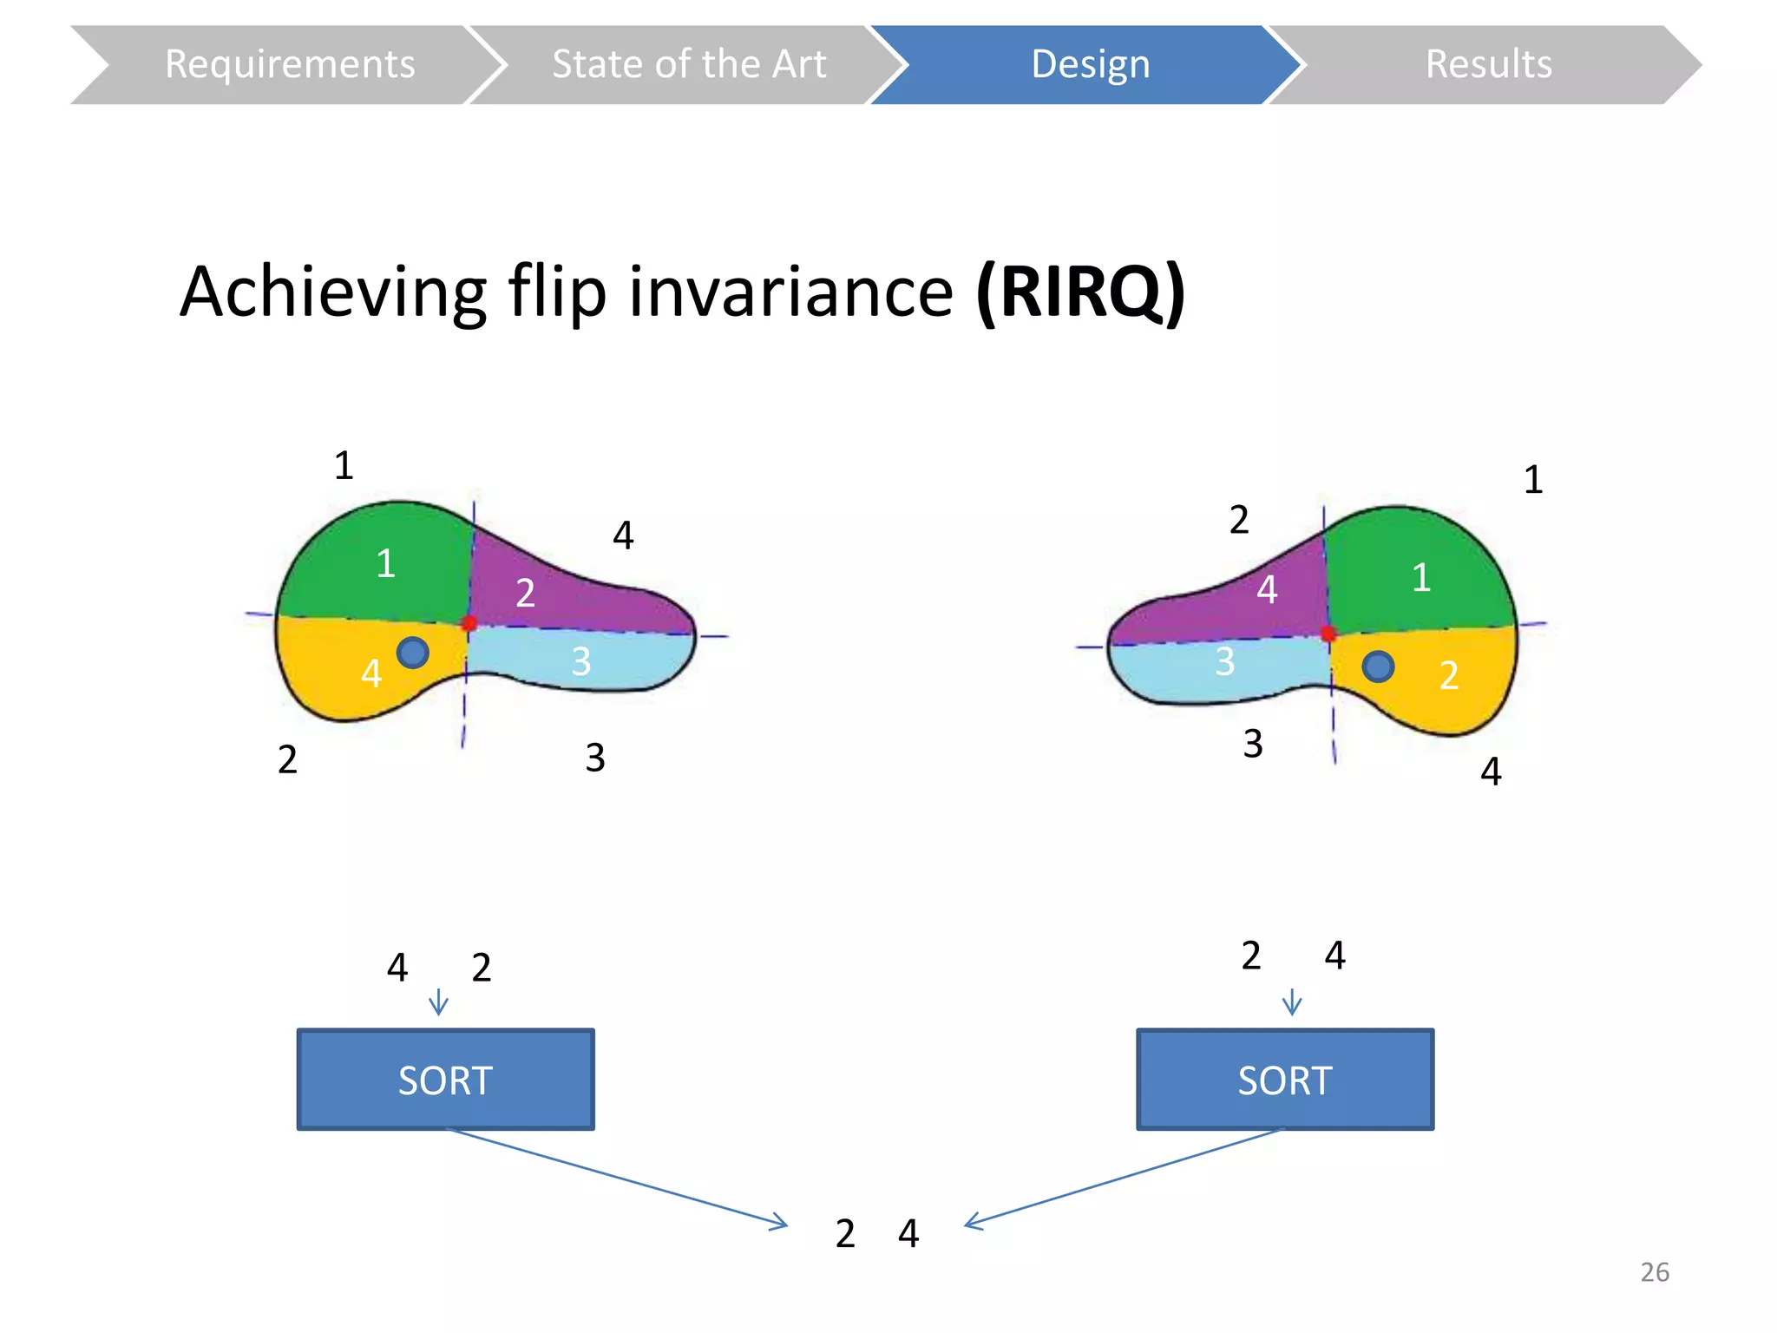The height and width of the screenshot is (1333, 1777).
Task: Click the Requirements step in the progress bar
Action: click(289, 65)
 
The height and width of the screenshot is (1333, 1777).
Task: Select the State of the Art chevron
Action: click(689, 65)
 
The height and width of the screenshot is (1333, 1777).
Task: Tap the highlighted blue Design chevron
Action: click(1090, 65)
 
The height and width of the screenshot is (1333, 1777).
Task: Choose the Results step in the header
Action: click(1488, 65)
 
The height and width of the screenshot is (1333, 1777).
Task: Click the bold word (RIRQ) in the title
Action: click(1080, 292)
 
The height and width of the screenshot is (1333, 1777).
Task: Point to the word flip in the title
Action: click(557, 292)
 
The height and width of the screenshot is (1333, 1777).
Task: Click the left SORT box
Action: click(445, 1080)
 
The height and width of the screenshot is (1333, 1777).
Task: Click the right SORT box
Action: click(1285, 1080)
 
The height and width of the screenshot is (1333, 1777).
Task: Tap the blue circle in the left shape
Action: click(412, 652)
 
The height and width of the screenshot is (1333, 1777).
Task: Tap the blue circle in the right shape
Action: click(1378, 666)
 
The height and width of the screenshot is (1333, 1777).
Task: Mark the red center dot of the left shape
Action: click(469, 623)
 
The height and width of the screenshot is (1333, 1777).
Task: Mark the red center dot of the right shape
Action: click(1328, 634)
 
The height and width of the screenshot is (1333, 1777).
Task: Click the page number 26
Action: click(1655, 1272)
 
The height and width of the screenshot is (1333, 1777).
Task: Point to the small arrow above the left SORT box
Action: click(438, 1002)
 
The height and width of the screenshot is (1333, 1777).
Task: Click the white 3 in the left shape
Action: click(581, 662)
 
